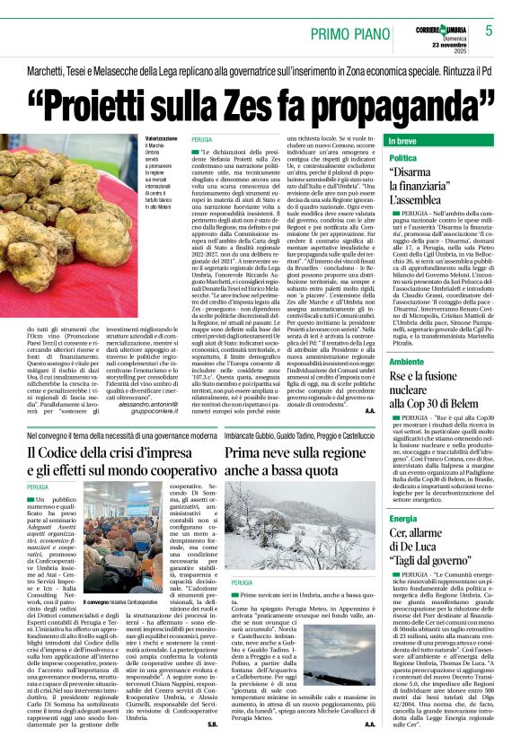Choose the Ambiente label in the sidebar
[406, 360]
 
